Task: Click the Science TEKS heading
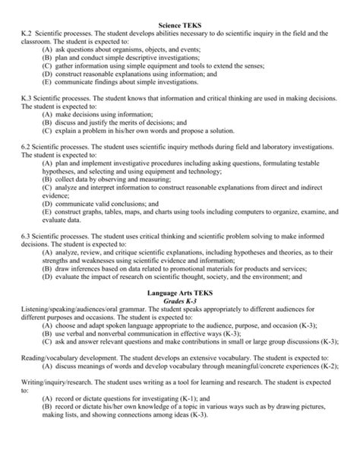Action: click(180, 6)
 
